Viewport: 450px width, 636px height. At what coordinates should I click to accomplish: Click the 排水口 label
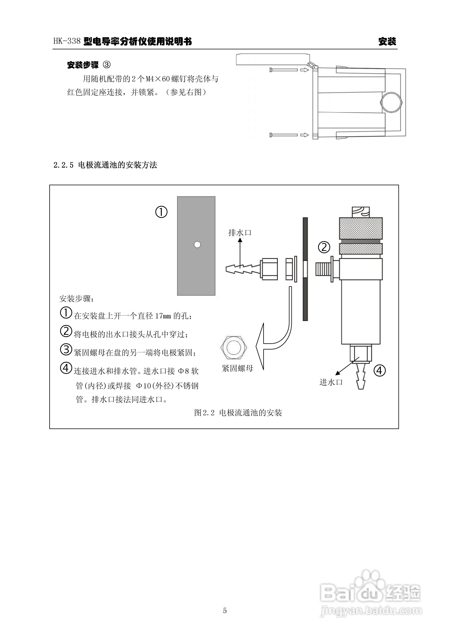[240, 233]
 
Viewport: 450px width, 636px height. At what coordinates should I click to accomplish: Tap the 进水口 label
[331, 382]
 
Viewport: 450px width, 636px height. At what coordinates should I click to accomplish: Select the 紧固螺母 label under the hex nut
[238, 368]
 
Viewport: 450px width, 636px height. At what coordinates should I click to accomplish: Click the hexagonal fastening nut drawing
[234, 347]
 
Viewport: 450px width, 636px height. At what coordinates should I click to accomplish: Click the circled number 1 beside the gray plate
[161, 212]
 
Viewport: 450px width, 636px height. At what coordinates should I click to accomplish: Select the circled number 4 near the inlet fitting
[380, 370]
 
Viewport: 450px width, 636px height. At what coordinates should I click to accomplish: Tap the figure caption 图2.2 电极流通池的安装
[238, 413]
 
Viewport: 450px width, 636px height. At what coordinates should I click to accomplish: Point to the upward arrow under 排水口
[240, 253]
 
